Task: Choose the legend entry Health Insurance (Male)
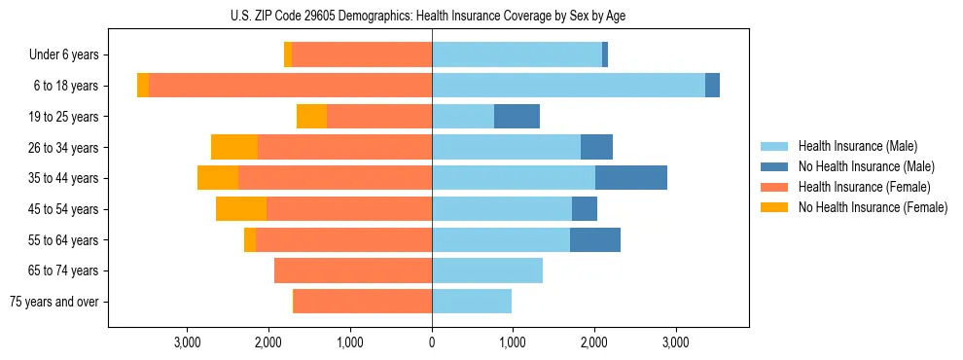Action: (857, 146)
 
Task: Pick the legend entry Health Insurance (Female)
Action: (864, 187)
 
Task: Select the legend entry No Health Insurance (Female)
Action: (872, 207)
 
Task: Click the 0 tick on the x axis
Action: (432, 342)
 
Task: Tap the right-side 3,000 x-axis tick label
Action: (676, 342)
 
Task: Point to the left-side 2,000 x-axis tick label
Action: (268, 342)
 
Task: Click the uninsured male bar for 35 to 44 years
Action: (631, 178)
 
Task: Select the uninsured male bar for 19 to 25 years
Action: (517, 117)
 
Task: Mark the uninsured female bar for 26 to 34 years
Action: (234, 147)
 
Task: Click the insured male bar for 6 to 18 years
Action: (568, 86)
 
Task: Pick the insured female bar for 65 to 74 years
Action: (353, 270)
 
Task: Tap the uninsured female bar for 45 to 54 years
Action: (241, 209)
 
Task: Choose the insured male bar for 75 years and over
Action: (472, 302)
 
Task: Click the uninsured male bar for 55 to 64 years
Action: (595, 239)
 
